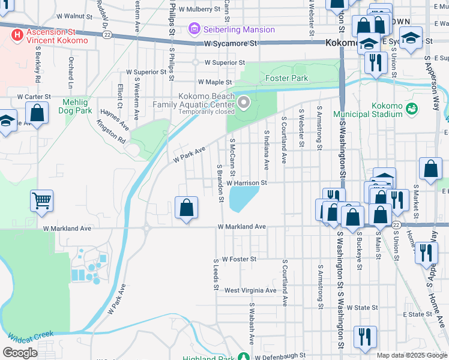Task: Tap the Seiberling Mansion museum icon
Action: pyautogui.click(x=194, y=29)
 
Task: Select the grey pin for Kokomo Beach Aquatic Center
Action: pyautogui.click(x=244, y=104)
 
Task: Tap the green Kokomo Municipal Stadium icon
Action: pyautogui.click(x=411, y=109)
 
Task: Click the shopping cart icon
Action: pyautogui.click(x=41, y=200)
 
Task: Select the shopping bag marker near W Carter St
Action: pyautogui.click(x=37, y=113)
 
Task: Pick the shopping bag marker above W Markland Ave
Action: pyautogui.click(x=187, y=208)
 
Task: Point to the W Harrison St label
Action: pyautogui.click(x=246, y=182)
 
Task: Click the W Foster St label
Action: pyautogui.click(x=239, y=259)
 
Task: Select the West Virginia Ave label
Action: pyautogui.click(x=250, y=290)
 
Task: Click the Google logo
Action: pyautogui.click(x=20, y=352)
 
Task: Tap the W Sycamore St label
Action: pyautogui.click(x=230, y=44)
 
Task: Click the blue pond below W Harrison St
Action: pyautogui.click(x=243, y=199)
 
